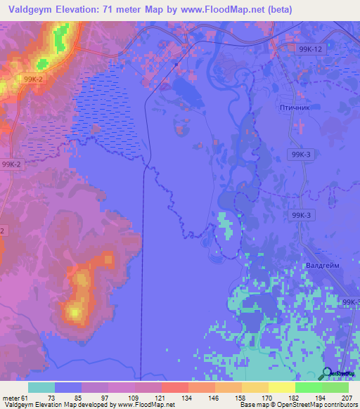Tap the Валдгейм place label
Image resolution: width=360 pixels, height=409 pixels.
pyautogui.click(x=323, y=266)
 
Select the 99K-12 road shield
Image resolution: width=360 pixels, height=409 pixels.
pyautogui.click(x=309, y=48)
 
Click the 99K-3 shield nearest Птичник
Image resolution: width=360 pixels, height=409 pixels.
pyautogui.click(x=300, y=154)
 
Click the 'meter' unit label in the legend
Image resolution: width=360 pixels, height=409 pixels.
pyautogui.click(x=9, y=398)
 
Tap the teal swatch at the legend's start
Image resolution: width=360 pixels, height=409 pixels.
pyautogui.click(x=41, y=387)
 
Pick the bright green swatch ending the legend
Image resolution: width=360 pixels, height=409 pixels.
pyautogui.click(x=335, y=387)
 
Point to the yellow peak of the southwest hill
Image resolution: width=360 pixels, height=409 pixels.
pyautogui.click(x=74, y=309)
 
